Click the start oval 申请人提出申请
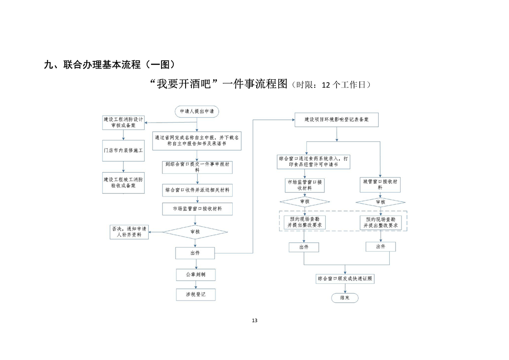[196, 111]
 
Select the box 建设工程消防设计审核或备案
[123, 122]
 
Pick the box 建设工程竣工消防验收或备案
[123, 182]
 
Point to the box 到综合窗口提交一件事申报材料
[196, 167]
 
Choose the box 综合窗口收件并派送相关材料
[197, 189]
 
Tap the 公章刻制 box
[195, 275]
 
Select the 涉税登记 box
[195, 295]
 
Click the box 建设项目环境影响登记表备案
[336, 120]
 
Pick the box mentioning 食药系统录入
[313, 162]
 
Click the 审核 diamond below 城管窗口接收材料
[380, 202]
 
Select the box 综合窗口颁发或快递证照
[345, 278]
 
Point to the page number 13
[254, 321]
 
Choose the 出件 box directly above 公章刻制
[195, 253]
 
